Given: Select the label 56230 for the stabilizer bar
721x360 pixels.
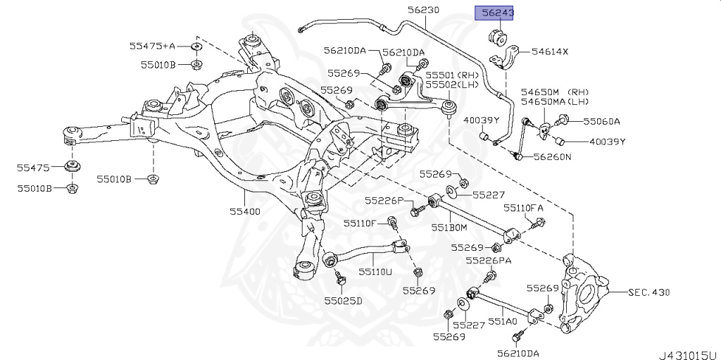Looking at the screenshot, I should [x=423, y=10].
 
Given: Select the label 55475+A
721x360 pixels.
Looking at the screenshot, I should [x=151, y=46].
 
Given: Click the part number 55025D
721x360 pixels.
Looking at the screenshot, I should [x=343, y=301].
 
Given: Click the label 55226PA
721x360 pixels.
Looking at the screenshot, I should [x=493, y=261].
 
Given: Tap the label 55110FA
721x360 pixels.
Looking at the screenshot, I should [x=523, y=209].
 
